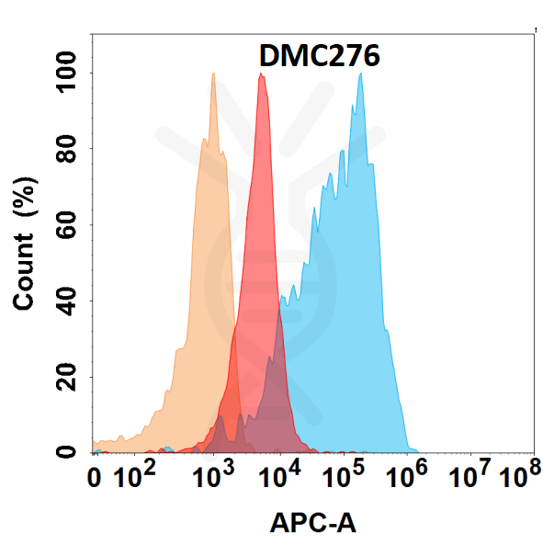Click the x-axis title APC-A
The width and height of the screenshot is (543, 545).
[312, 524]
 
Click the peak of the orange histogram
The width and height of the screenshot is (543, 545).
[213, 75]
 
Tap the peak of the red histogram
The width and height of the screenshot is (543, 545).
[262, 75]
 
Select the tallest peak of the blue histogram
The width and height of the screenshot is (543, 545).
[360, 75]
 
